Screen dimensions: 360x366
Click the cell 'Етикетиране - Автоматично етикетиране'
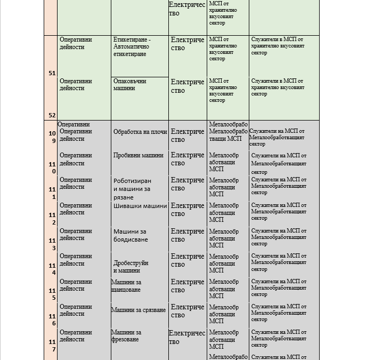139,47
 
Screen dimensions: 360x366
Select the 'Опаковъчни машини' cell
139,84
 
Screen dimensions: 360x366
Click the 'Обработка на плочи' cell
140,132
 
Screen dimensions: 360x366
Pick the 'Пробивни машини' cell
139,156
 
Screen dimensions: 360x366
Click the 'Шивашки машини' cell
140,206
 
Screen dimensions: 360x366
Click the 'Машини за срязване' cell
139,310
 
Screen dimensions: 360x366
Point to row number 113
53,244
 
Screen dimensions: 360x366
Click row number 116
53,319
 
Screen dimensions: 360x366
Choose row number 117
53,345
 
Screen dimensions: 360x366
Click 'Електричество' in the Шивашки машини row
188,210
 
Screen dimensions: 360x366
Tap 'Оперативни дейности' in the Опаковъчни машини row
76,84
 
